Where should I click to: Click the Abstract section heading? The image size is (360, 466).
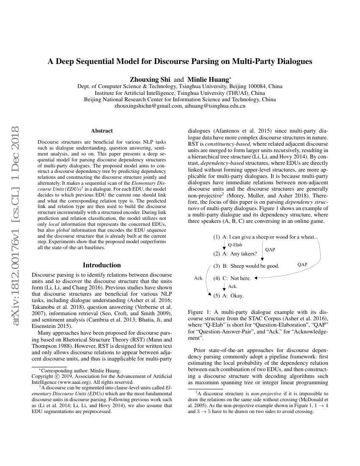[102, 131]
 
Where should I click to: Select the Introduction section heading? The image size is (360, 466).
[102, 265]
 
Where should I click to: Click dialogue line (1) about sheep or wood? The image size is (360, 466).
[264, 237]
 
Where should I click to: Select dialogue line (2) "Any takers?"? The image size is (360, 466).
[235, 254]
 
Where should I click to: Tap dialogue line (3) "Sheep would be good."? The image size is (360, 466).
[246, 266]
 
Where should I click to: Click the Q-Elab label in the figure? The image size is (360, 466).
[235, 245]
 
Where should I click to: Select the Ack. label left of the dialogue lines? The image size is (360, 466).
[199, 278]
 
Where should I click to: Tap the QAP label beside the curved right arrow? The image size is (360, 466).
[302, 264]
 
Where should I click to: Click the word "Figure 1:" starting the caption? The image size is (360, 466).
[199, 312]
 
